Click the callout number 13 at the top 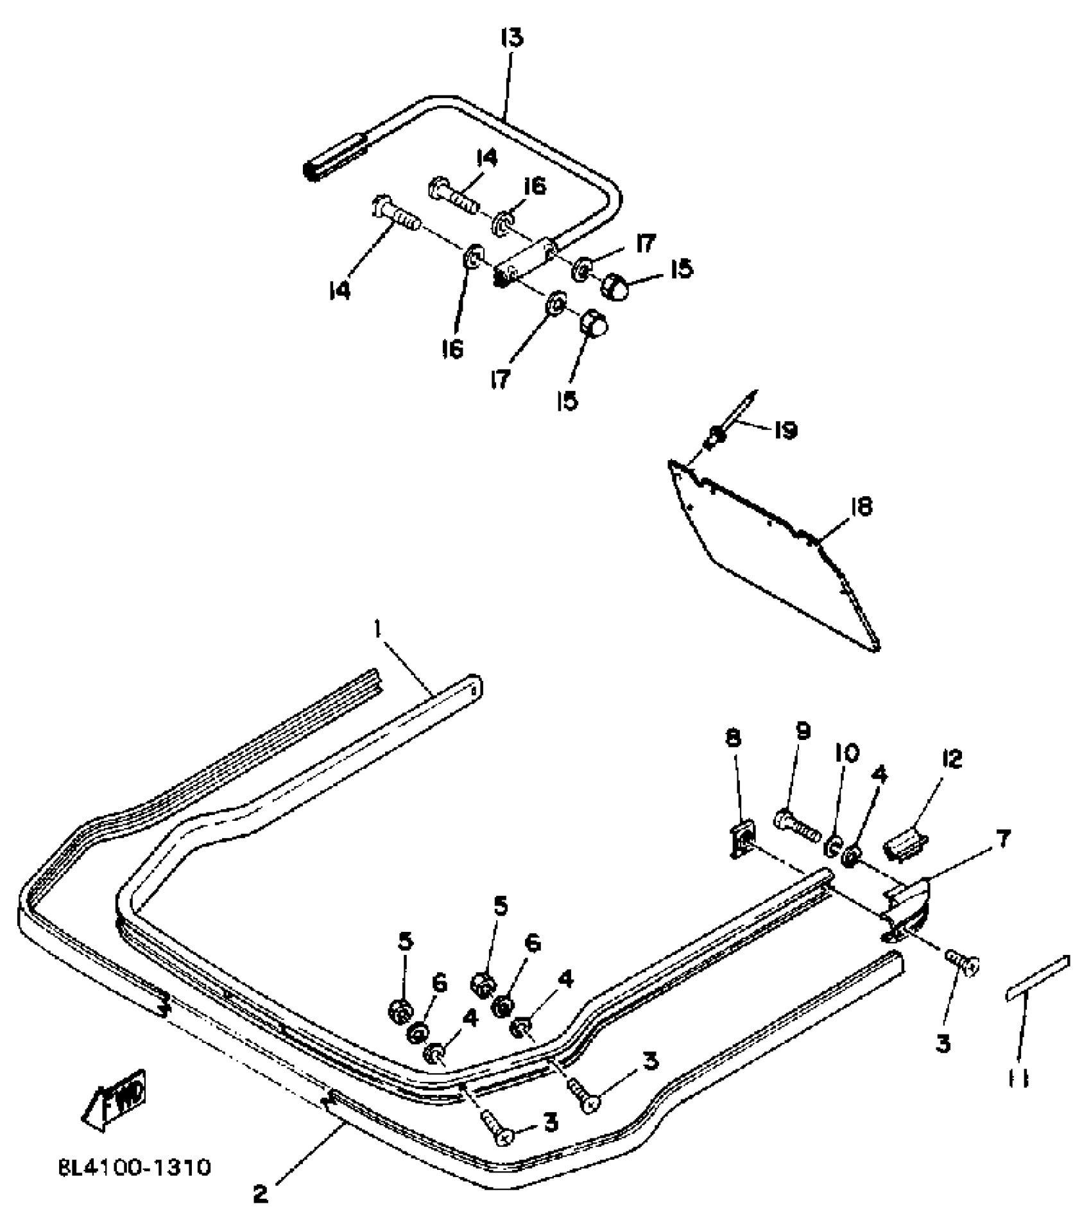[x=511, y=39]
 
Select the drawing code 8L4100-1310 [x=134, y=1167]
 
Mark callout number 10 [x=846, y=753]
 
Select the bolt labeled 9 [x=798, y=826]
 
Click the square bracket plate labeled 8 [x=742, y=839]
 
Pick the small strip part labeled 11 [x=1038, y=988]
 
